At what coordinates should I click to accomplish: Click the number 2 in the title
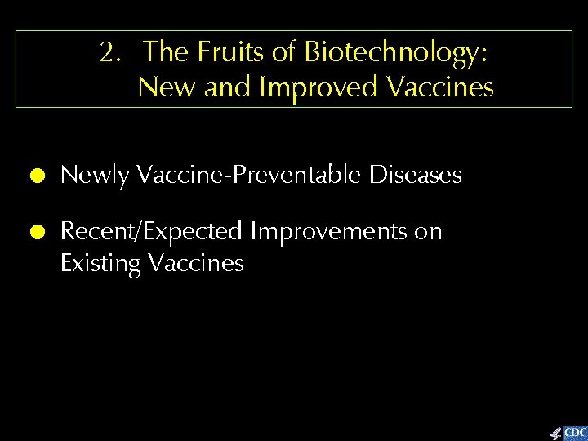(106, 53)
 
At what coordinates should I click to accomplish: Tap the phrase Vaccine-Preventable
(251, 176)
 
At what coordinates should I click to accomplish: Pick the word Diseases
(416, 175)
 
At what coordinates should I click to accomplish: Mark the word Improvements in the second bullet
(327, 232)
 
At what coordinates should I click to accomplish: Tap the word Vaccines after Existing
(197, 263)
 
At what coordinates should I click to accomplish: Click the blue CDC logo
(575, 432)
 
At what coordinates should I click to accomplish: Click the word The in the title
(166, 53)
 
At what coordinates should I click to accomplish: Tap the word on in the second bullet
(428, 233)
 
